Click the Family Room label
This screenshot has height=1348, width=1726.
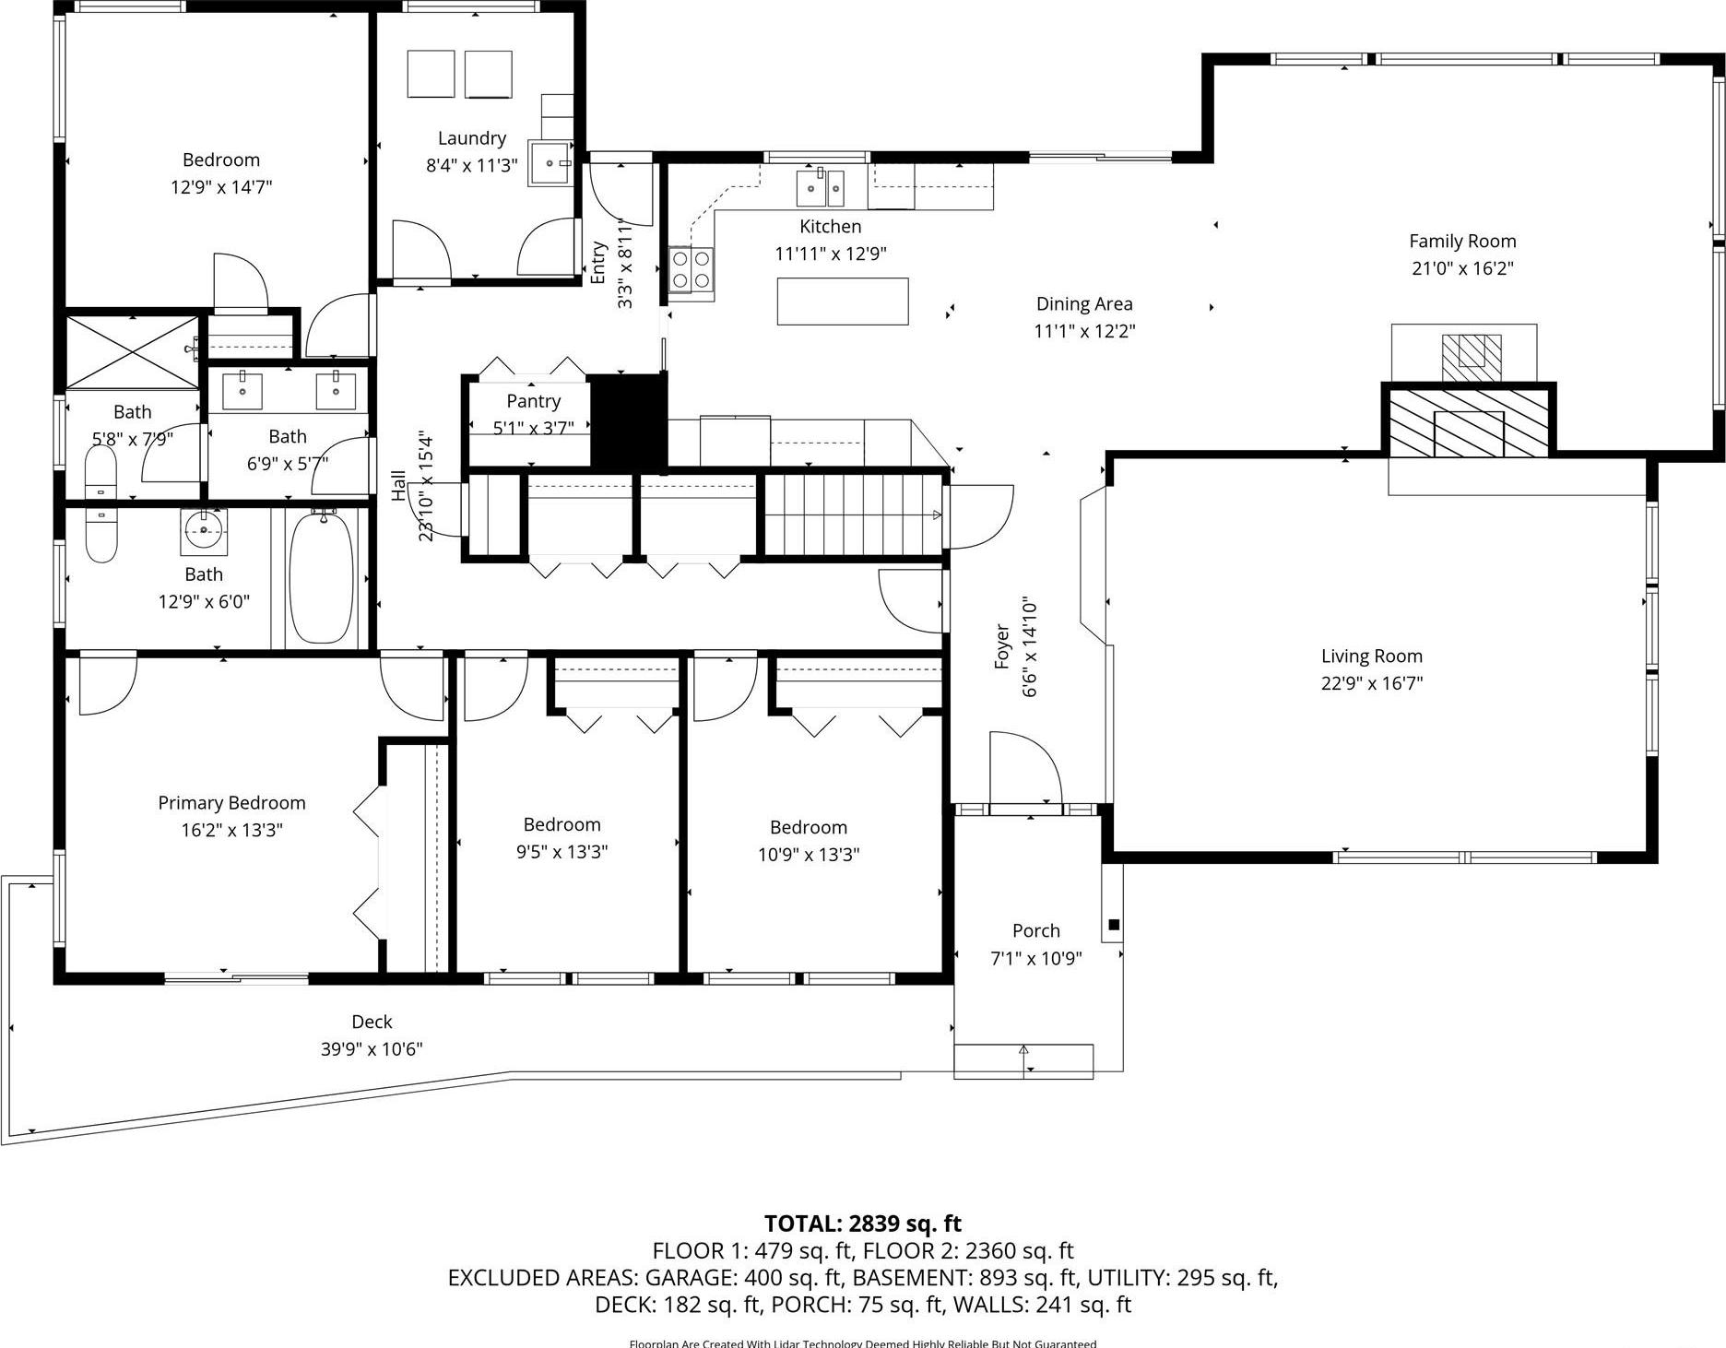(x=1462, y=242)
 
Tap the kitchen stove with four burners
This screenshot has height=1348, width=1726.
(x=691, y=270)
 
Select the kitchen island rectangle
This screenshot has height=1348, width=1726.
(x=842, y=302)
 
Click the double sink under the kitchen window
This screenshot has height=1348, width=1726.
(x=821, y=188)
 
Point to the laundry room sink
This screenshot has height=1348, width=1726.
(x=551, y=163)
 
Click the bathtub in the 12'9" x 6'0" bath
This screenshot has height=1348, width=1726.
(x=321, y=578)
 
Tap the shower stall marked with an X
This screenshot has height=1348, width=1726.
(x=132, y=351)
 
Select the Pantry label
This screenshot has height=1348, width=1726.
(x=533, y=401)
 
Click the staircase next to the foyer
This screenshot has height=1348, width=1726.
(x=854, y=515)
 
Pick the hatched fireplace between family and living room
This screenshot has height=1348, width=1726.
(x=1469, y=422)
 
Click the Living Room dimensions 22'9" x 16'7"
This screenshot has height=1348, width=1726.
(x=1371, y=683)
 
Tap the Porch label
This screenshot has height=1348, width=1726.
(x=1035, y=930)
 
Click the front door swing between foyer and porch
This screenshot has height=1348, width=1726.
(x=1025, y=771)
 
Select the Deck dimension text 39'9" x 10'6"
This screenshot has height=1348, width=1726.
(x=372, y=1048)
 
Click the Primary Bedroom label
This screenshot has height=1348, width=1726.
(x=231, y=803)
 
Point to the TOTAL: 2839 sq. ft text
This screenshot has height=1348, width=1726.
(x=862, y=1224)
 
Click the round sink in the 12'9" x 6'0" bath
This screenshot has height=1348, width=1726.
(x=204, y=527)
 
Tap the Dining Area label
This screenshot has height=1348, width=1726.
(x=1083, y=304)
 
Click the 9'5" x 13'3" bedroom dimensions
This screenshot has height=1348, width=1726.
(x=562, y=852)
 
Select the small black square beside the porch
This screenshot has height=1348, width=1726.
(x=1114, y=925)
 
